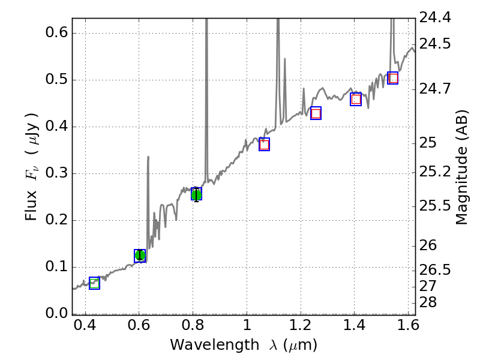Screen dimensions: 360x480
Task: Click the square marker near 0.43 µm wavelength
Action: pos(94,283)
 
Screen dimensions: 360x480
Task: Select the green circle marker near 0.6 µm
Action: pos(140,256)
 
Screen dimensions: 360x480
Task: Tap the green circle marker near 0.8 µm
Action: pos(196,193)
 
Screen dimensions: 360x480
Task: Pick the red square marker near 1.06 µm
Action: pos(264,144)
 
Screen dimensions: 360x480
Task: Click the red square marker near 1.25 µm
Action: pos(316,113)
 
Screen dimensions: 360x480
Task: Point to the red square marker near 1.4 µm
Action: pos(356,99)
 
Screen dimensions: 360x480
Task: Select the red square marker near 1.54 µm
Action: pos(393,78)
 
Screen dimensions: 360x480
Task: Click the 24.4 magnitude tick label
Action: pos(436,19)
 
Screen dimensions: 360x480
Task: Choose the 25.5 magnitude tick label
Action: pos(436,206)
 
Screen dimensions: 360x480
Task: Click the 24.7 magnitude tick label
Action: pos(436,89)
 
